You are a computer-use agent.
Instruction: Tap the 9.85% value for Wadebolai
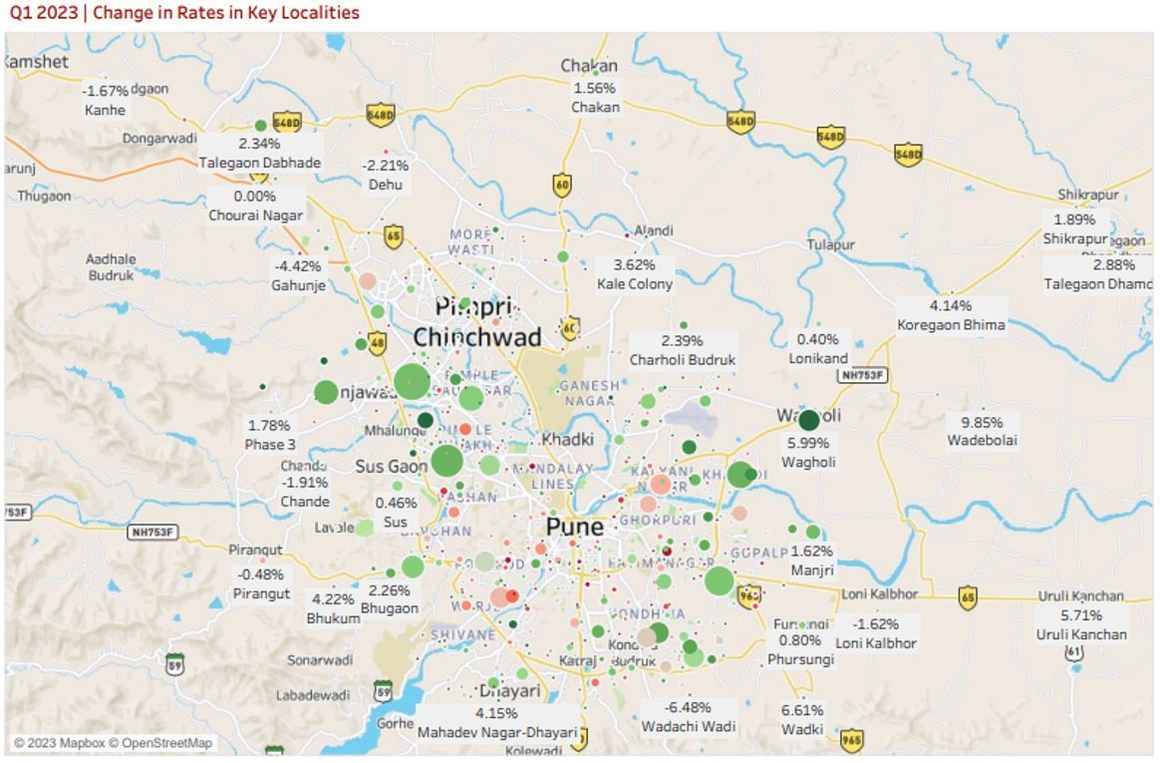982,422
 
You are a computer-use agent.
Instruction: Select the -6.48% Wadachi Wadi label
688,716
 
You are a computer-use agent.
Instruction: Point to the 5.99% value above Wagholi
807,443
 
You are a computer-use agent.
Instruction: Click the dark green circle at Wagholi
809,420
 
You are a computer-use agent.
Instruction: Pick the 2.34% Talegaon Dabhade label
259,153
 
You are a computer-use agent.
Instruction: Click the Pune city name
574,527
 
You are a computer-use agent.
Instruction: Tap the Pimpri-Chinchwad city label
476,322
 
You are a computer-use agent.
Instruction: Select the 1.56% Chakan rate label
595,97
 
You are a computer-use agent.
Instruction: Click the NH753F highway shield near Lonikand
862,375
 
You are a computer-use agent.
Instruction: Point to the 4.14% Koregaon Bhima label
951,315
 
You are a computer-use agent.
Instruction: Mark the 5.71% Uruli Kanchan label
1081,624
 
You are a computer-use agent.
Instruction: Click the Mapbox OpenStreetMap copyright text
113,743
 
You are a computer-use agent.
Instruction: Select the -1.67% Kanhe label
105,100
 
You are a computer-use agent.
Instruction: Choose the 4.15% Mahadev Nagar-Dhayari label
496,722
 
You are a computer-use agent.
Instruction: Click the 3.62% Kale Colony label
635,274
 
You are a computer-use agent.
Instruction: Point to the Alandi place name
654,231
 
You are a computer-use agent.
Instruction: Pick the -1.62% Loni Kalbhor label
876,633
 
